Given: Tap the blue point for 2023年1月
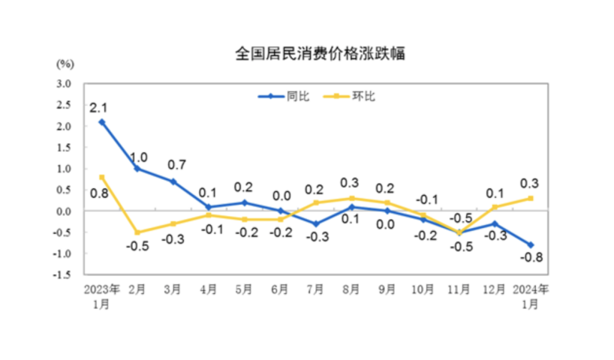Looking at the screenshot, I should click(102, 121).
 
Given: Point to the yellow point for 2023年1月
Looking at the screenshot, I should click(102, 177).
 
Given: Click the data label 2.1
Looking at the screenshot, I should click(98, 109).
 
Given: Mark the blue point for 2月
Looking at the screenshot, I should click(137, 169).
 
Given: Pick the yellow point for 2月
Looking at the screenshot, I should click(137, 232).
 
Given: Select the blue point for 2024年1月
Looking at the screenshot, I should click(531, 244).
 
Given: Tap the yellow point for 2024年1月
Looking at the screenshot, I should click(531, 198).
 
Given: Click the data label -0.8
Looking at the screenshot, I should click(531, 259).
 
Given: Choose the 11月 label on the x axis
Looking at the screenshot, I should click(459, 288).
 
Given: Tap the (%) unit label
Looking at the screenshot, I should click(65, 63).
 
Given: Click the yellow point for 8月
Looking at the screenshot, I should click(352, 198).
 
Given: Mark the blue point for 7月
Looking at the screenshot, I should click(316, 223).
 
